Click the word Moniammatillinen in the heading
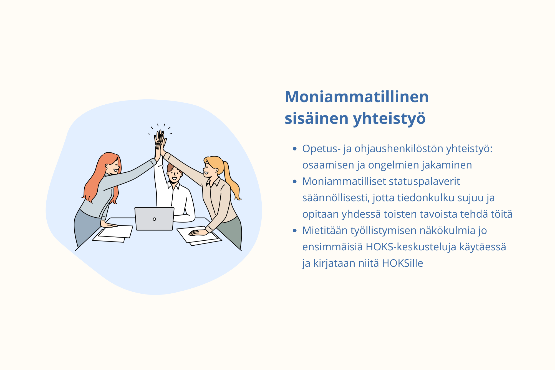pyautogui.click(x=357, y=97)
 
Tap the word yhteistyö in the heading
pyautogui.click(x=389, y=119)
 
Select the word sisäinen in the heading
pyautogui.click(x=317, y=118)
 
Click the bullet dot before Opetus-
pyautogui.click(x=295, y=149)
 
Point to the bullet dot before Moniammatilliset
pyautogui.click(x=295, y=182)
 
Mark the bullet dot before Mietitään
pyautogui.click(x=295, y=231)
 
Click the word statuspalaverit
pyautogui.click(x=424, y=182)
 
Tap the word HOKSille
pyautogui.click(x=402, y=263)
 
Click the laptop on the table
pyautogui.click(x=154, y=219)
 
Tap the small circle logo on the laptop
pyautogui.click(x=154, y=219)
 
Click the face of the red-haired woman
pyautogui.click(x=113, y=166)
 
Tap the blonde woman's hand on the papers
pyautogui.click(x=198, y=232)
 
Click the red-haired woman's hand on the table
pyautogui.click(x=108, y=224)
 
